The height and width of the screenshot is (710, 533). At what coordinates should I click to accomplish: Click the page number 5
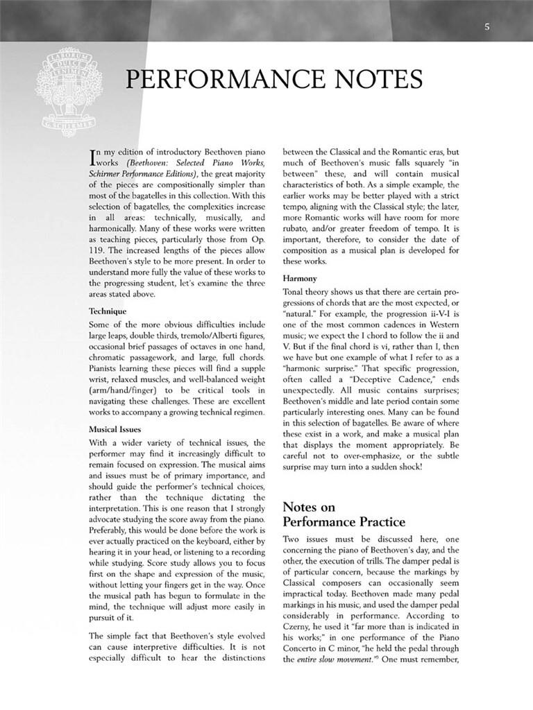[x=487, y=27]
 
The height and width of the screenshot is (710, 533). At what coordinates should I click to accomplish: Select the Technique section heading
[x=108, y=311]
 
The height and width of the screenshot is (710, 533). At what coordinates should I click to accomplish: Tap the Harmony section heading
[x=300, y=279]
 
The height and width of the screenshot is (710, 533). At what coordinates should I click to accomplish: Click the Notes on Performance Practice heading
[x=344, y=514]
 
